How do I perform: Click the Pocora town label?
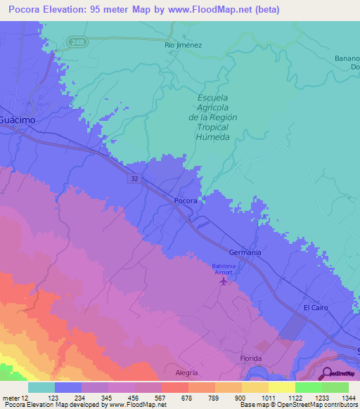tap(186, 200)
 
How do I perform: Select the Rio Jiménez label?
tap(184, 45)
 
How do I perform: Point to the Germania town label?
tap(245, 252)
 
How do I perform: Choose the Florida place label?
tap(250, 358)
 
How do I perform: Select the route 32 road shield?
tap(134, 178)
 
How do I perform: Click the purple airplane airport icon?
tap(224, 282)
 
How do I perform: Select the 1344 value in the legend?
tap(340, 398)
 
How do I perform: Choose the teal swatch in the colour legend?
tap(41, 387)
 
